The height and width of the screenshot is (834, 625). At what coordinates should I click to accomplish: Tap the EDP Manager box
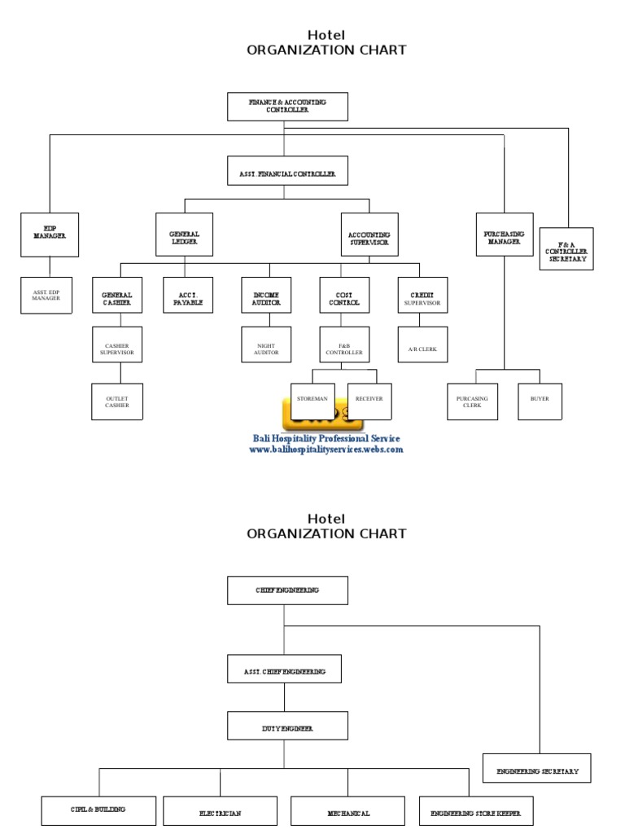point(50,235)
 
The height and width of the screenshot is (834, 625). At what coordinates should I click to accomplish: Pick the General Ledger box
point(184,235)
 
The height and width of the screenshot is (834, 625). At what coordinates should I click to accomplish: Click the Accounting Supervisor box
point(369,238)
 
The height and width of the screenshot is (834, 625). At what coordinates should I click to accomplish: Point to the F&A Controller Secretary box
point(566,248)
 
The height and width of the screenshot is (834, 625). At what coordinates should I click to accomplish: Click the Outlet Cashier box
point(116,402)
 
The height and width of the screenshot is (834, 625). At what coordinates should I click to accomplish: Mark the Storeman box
point(312,399)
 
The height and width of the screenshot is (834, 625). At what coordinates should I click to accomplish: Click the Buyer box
point(540,399)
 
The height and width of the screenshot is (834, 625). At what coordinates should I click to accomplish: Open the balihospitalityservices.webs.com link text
point(326,450)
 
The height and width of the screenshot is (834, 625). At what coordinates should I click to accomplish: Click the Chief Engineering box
point(287,590)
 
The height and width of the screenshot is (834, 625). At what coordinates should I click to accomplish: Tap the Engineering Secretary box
point(537,769)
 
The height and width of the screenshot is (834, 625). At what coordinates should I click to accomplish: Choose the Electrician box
point(220,811)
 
